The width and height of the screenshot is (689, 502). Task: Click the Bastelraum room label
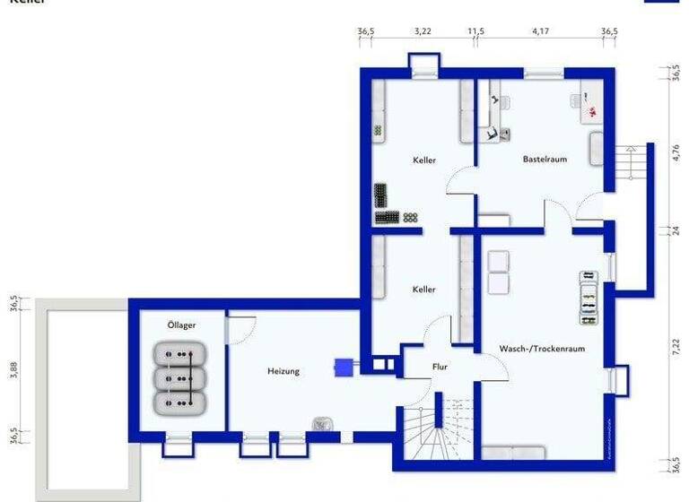(545, 160)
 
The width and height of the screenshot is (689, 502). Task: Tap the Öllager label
(181, 325)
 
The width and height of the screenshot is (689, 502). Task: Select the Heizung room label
(283, 370)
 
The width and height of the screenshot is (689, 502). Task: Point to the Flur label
(440, 366)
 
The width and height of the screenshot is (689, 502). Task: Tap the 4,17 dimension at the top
(540, 31)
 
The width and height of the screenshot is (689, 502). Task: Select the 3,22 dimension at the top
(423, 31)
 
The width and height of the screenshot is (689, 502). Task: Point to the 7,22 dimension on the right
(676, 346)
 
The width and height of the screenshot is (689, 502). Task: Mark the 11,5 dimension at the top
(475, 31)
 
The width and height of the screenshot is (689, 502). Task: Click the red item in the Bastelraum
(592, 112)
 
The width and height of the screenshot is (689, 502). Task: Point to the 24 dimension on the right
(676, 230)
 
